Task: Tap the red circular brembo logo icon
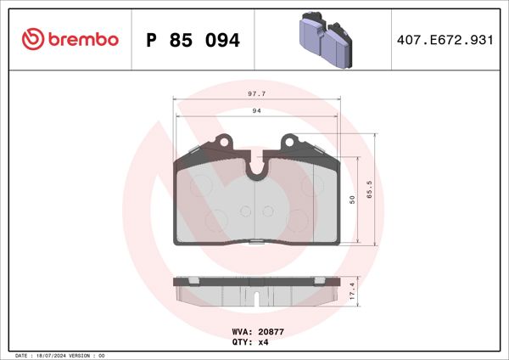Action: pyautogui.click(x=32, y=40)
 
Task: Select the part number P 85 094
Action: pyautogui.click(x=193, y=40)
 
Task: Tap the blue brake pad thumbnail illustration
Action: pyautogui.click(x=327, y=39)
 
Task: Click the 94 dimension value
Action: pyautogui.click(x=255, y=110)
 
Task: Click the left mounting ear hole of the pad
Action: pyautogui.click(x=225, y=143)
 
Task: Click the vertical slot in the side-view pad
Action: pyautogui.click(x=256, y=298)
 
